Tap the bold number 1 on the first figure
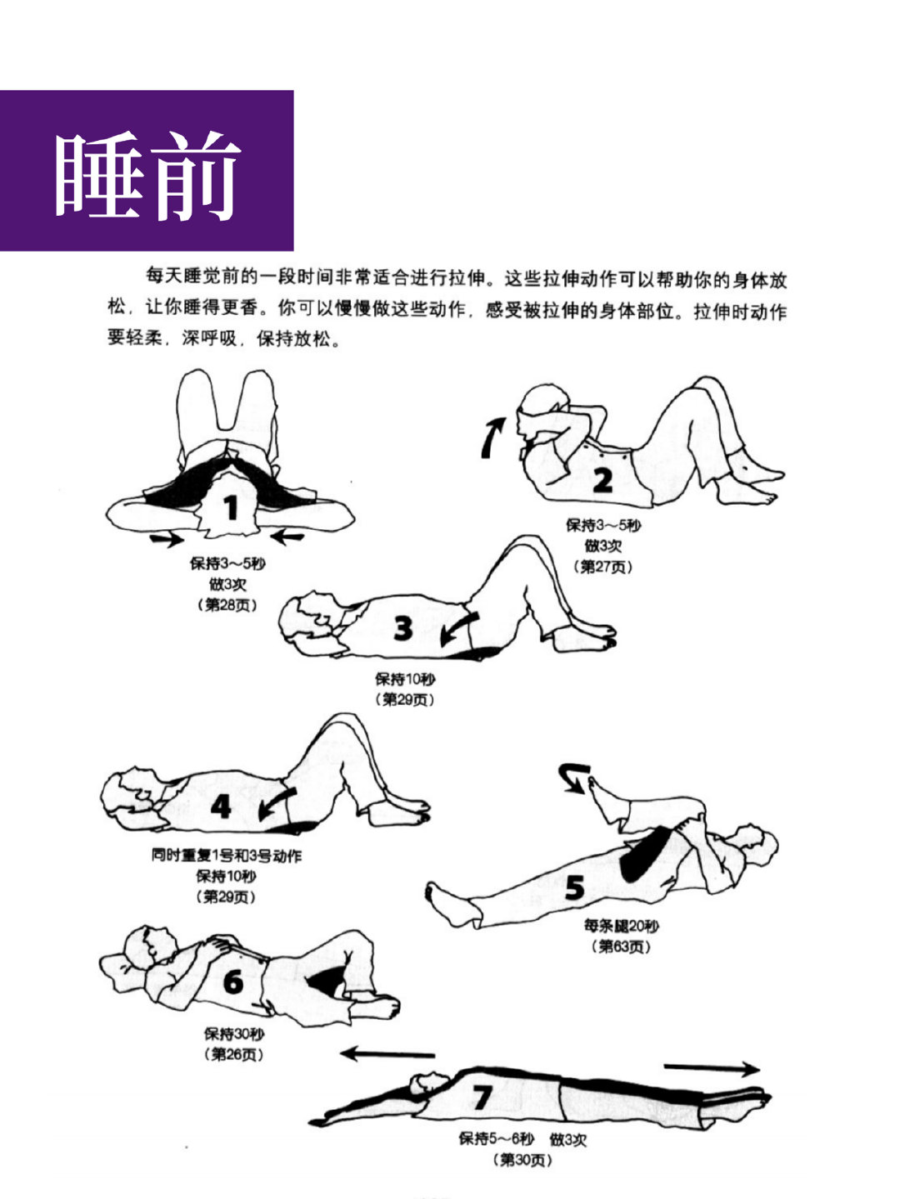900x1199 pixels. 232,507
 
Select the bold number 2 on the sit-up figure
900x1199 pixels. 602,481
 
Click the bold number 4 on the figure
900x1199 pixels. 221,807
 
